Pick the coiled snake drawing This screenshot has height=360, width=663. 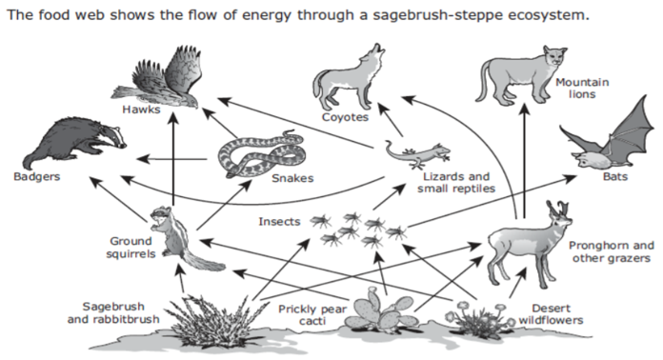(x=261, y=153)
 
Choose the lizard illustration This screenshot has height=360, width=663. (x=416, y=154)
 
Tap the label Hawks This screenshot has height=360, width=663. (x=141, y=110)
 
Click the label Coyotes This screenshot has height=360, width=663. (x=345, y=117)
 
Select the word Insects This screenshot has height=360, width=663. (x=279, y=221)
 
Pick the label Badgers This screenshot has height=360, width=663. (x=37, y=176)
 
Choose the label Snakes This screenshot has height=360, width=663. (x=292, y=178)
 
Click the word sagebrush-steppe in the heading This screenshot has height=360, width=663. (x=437, y=15)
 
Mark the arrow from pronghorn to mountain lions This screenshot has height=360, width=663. (x=524, y=161)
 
